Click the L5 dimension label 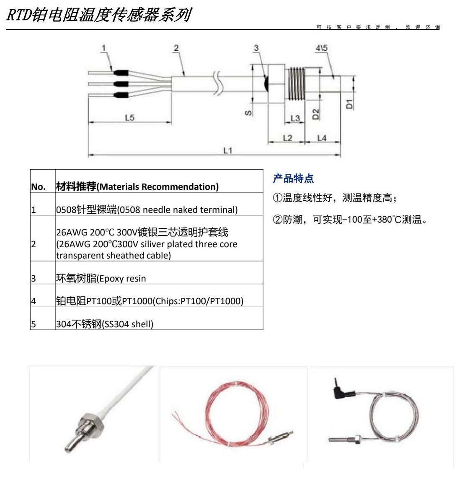coord(129,118)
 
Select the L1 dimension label coord(227,150)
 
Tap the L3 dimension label coord(295,119)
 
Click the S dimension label coord(248,112)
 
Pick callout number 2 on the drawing coord(176,48)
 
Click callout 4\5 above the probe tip coord(321,48)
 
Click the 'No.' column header coord(39,187)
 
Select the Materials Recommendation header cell coord(137,186)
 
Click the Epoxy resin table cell coord(101,278)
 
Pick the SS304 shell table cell coord(105,324)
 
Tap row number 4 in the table coord(34,301)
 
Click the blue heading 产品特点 coord(293,179)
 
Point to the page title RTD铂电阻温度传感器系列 coord(99,15)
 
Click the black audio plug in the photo coord(340,392)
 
